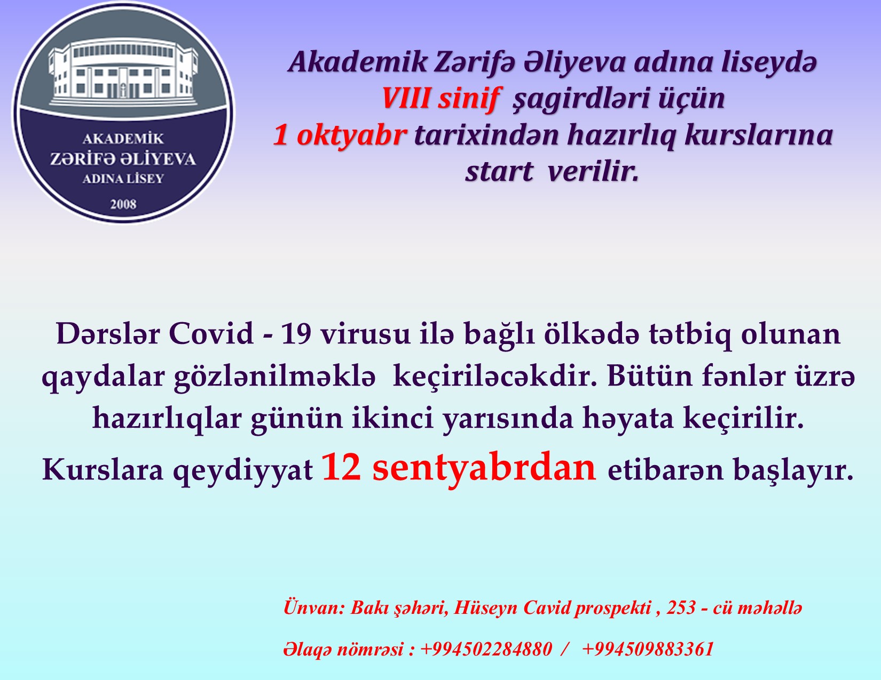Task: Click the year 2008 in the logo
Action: (123, 204)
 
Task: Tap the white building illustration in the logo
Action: (123, 73)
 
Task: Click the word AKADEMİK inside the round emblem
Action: (123, 139)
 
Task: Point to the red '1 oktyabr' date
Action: (340, 135)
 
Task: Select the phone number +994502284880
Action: (486, 649)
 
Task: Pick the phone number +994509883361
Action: (648, 649)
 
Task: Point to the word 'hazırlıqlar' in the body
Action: (167, 418)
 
